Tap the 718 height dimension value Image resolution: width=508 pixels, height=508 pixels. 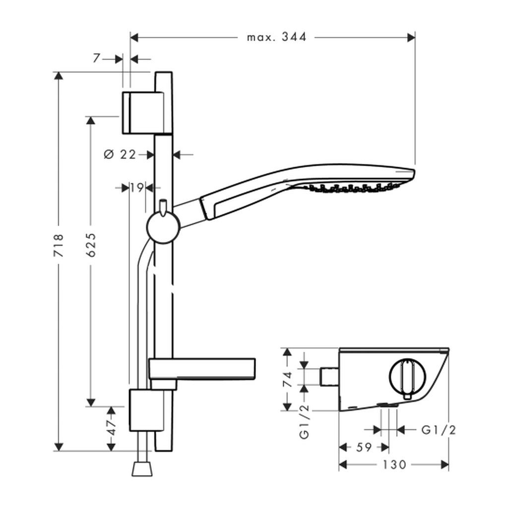pyautogui.click(x=59, y=245)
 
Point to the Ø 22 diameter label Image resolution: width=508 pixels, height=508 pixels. pyautogui.click(x=120, y=155)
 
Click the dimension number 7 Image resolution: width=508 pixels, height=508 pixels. pyautogui.click(x=96, y=59)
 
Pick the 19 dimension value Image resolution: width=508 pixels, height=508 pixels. pyautogui.click(x=137, y=188)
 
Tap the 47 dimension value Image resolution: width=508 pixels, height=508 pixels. pyautogui.click(x=112, y=428)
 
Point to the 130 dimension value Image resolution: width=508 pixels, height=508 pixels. pyautogui.click(x=394, y=465)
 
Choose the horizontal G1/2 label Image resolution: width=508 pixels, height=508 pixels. pyautogui.click(x=439, y=430)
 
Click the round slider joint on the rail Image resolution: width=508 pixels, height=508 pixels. pyautogui.click(x=162, y=228)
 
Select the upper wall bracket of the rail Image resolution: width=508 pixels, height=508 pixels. pyautogui.click(x=141, y=112)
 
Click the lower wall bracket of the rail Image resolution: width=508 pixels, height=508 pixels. pyautogui.click(x=146, y=410)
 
